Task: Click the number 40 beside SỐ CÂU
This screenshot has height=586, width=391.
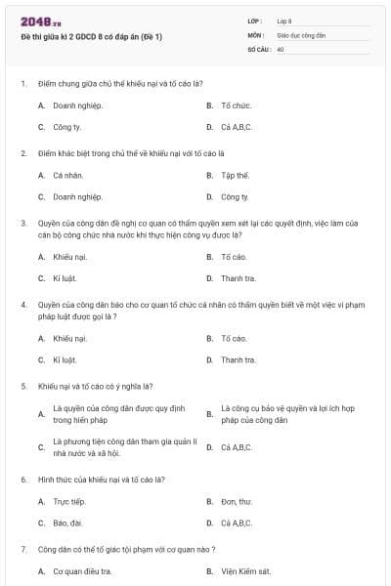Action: (281, 48)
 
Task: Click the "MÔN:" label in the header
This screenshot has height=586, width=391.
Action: (257, 34)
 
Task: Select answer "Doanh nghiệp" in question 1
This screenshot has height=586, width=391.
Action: (77, 105)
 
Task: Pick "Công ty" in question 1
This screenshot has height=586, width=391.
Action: (66, 127)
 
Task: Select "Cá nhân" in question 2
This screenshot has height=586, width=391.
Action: (66, 176)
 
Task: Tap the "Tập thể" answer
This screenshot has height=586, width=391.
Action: (236, 176)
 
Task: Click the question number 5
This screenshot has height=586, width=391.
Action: (22, 386)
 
